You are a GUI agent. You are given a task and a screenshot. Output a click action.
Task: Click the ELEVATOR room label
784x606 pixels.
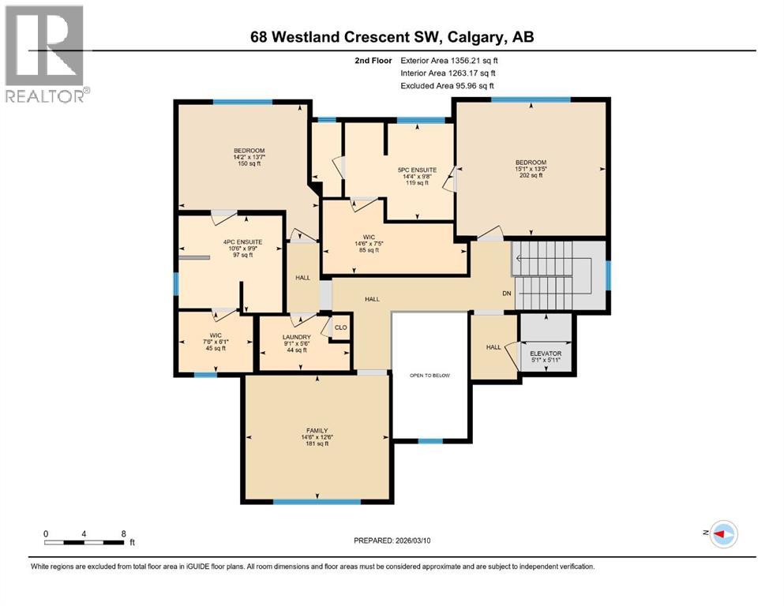(545, 353)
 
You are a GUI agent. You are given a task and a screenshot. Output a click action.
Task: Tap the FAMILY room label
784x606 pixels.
(317, 430)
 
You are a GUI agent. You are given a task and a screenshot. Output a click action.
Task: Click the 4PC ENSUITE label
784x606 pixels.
(242, 241)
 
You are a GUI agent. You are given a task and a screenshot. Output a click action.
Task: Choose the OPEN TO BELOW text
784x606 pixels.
(429, 376)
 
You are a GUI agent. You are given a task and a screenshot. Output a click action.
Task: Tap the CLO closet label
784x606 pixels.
(341, 327)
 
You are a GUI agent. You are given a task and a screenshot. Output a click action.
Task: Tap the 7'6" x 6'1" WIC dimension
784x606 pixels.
(215, 342)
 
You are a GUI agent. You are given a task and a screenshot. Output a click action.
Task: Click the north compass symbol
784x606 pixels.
(723, 534)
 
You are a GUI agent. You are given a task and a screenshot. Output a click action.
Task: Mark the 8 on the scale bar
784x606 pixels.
(123, 533)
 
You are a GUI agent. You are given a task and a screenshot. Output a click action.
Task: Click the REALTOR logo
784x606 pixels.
(46, 53)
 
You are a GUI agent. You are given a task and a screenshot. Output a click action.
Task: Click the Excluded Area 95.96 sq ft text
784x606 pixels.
(448, 85)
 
